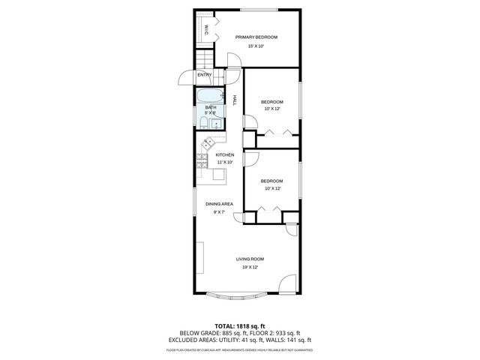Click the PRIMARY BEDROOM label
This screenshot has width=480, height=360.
(x=256, y=37)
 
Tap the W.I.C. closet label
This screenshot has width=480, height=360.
(x=207, y=30)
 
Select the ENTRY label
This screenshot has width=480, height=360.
(x=204, y=75)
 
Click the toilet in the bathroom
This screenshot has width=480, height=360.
(x=203, y=124)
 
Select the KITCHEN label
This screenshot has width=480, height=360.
(x=225, y=155)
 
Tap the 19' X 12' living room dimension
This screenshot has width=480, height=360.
(x=250, y=268)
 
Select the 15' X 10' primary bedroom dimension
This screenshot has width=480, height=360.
(x=256, y=46)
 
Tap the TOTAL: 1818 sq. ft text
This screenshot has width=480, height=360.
(x=240, y=325)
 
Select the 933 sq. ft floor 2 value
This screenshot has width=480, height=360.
(x=286, y=333)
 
